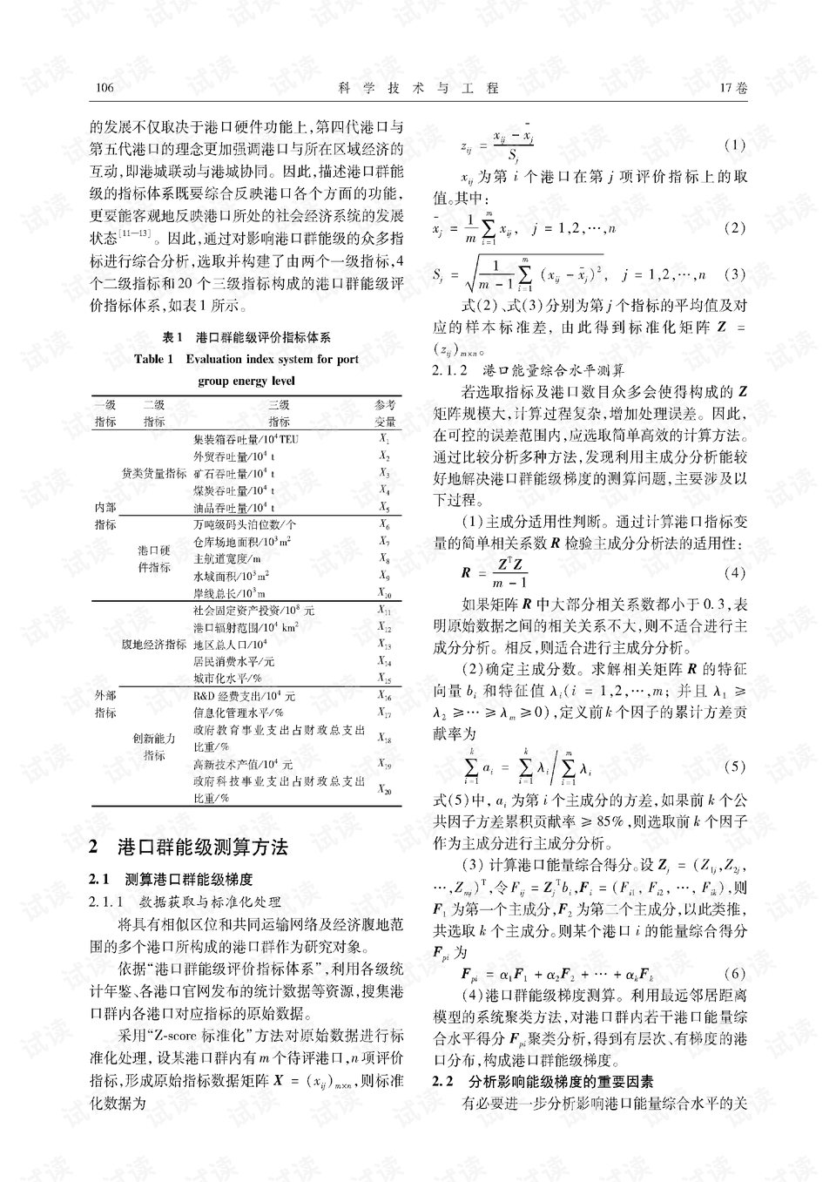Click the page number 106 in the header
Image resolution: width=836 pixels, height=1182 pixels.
[102, 88]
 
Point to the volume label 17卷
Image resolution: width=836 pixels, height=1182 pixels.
[733, 88]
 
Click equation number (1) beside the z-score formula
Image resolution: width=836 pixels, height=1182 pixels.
[735, 145]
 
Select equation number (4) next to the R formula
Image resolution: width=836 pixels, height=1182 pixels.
[735, 573]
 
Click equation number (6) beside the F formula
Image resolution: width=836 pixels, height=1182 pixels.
[735, 973]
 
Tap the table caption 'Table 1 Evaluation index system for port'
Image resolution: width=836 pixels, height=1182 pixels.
[246, 359]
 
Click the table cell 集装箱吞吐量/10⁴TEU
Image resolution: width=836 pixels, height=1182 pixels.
[246, 439]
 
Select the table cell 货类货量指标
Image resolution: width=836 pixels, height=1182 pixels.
[154, 473]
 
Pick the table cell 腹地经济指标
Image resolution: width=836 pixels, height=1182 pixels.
[154, 645]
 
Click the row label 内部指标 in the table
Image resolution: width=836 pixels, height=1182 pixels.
[105, 516]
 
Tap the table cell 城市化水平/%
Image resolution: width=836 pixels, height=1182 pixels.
[227, 678]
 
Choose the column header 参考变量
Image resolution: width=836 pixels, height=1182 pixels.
[385, 413]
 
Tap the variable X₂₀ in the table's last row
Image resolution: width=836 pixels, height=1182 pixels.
[385, 789]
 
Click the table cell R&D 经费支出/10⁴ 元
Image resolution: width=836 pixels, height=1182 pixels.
[245, 696]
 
